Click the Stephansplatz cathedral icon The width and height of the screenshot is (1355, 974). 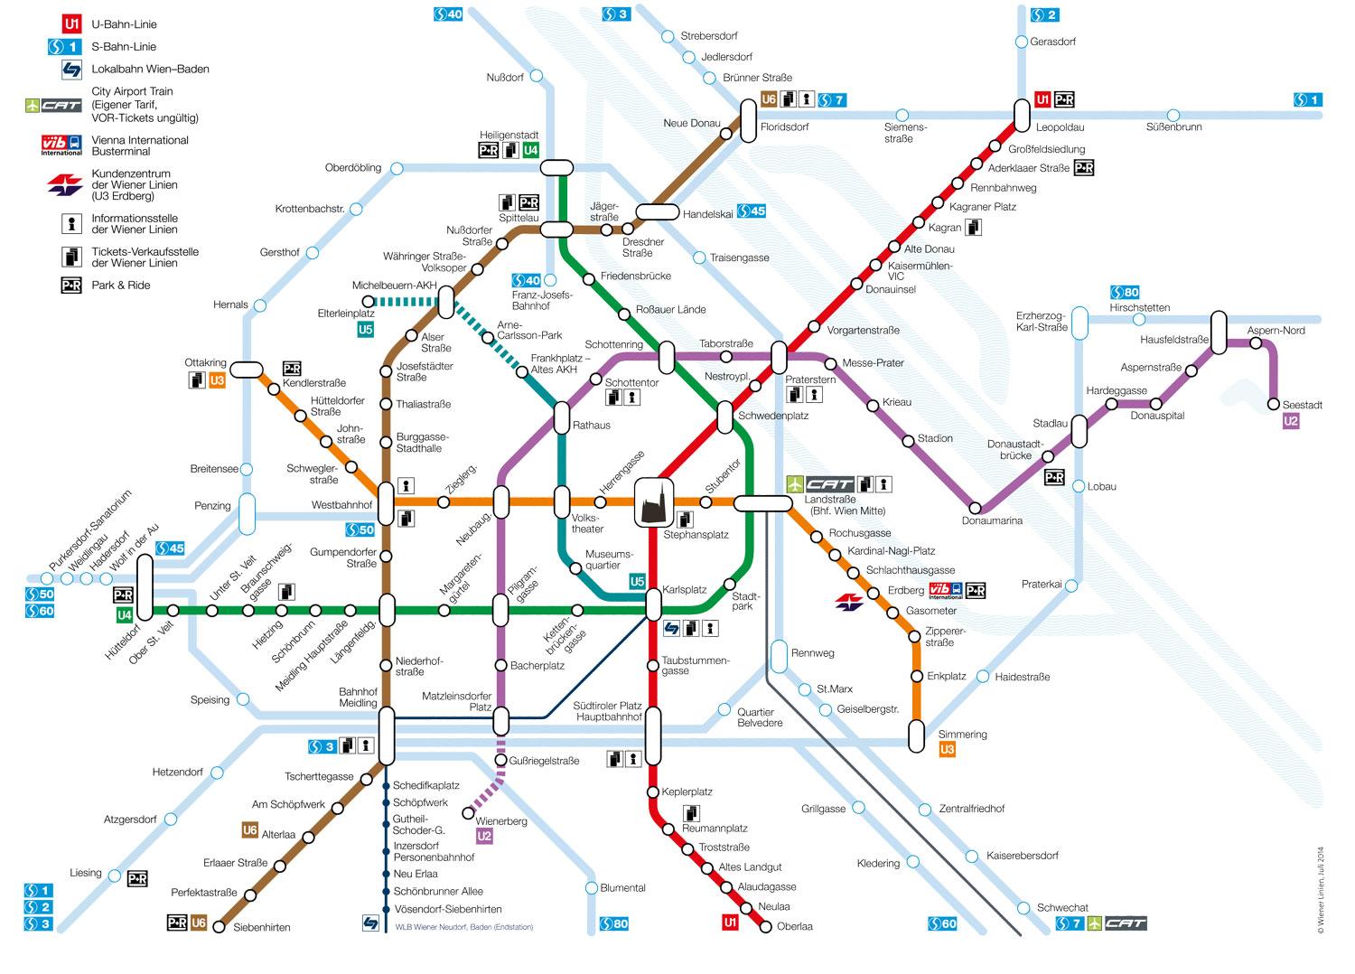click(x=656, y=502)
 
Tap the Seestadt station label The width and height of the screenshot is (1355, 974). click(x=1302, y=405)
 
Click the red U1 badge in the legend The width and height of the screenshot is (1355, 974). click(x=71, y=24)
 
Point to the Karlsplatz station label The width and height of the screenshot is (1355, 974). click(x=684, y=589)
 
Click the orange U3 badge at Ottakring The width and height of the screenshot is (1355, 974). click(x=217, y=381)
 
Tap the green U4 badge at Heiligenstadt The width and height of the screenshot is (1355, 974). click(x=531, y=150)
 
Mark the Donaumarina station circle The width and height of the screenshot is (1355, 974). click(x=976, y=507)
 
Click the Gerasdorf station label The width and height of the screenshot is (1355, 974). click(x=1053, y=42)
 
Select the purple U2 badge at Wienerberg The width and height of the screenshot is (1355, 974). click(x=484, y=837)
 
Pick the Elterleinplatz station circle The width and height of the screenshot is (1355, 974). click(x=367, y=300)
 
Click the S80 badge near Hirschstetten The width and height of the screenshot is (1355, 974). click(x=1126, y=292)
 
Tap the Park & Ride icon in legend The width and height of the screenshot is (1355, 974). click(x=71, y=286)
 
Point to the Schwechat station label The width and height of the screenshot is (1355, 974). click(x=1062, y=907)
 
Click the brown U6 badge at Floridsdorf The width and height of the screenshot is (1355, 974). click(x=769, y=99)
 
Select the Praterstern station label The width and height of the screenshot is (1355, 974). click(x=809, y=379)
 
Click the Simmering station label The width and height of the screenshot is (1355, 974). click(x=962, y=735)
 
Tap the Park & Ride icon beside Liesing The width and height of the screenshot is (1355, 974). click(x=137, y=878)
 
